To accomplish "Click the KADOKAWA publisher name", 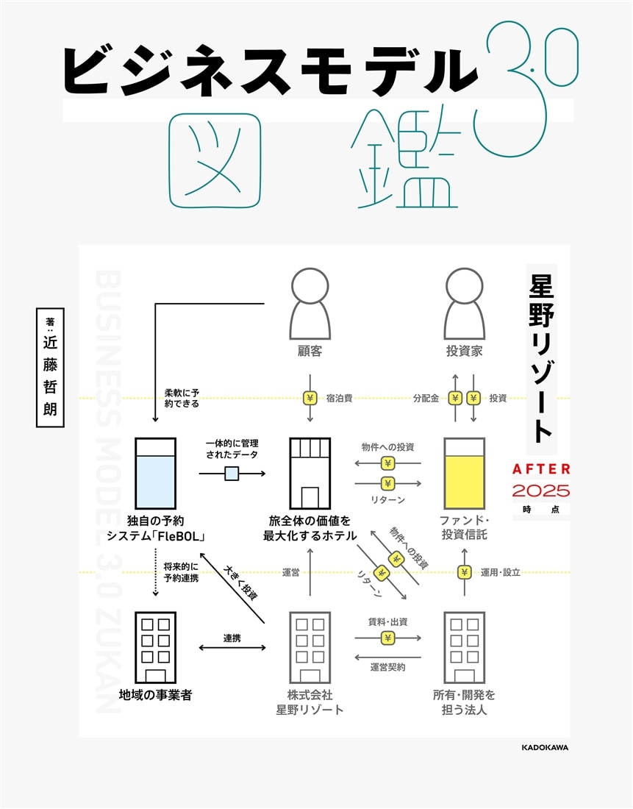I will [x=545, y=747].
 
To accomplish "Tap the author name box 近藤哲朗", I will [x=50, y=367].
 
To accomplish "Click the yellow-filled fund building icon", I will [x=464, y=474].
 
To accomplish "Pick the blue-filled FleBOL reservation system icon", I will [x=155, y=474].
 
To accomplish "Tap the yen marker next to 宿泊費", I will [x=310, y=398].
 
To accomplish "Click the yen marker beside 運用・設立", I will [x=464, y=571].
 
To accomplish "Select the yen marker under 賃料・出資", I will [x=387, y=638].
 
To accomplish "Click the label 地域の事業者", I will [x=155, y=694].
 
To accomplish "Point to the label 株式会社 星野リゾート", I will [x=310, y=702].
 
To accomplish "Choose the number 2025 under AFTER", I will [x=541, y=491].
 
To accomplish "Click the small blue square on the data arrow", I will [x=232, y=474].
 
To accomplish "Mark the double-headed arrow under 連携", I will [x=232, y=648].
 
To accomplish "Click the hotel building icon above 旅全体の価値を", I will [x=310, y=474].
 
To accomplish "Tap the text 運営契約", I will [x=387, y=668].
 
